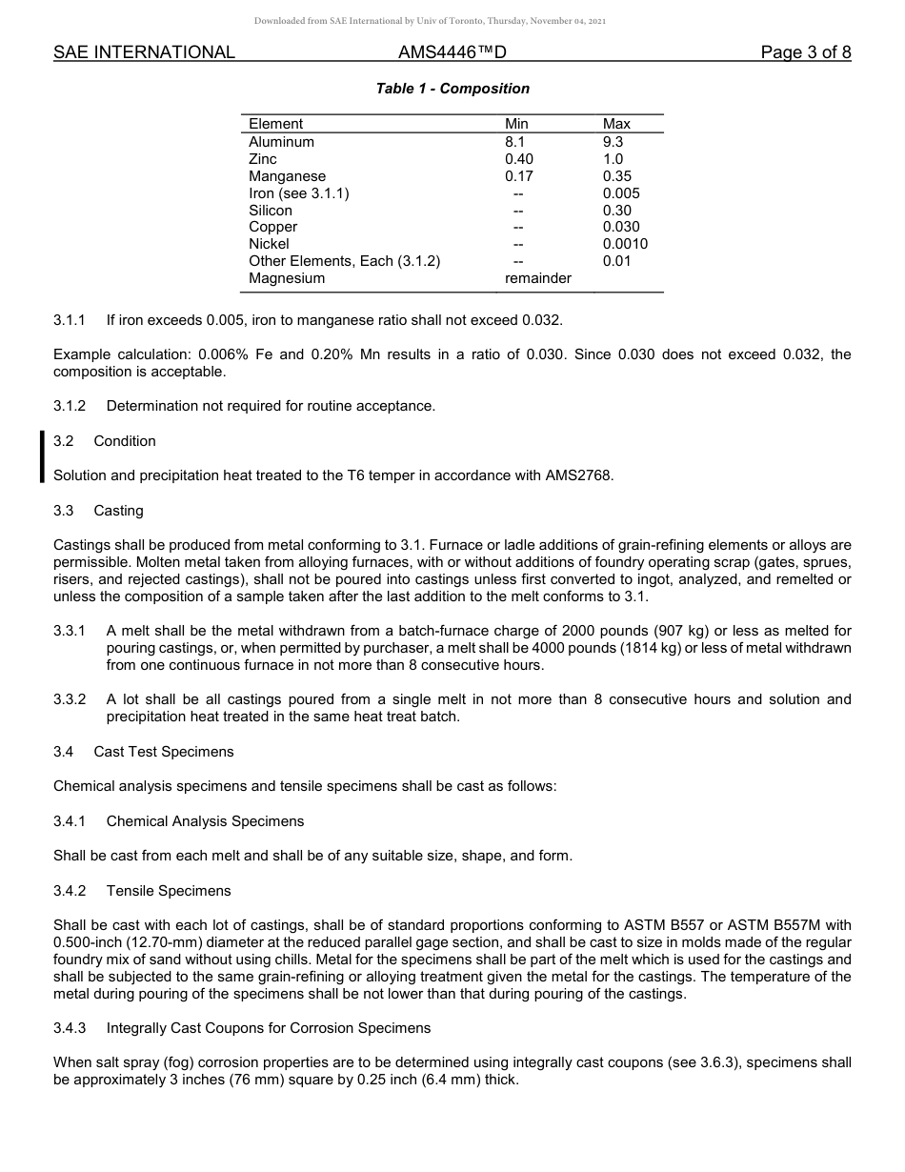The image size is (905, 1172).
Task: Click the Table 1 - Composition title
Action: [452, 89]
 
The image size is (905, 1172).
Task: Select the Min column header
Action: [516, 124]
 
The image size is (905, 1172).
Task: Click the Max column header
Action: [616, 124]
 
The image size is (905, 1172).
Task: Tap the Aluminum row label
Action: [281, 142]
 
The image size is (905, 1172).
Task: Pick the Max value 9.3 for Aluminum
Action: [613, 142]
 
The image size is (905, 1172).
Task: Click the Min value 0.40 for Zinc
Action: [519, 159]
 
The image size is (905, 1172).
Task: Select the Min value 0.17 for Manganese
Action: [519, 176]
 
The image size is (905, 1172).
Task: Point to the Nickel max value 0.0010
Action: [625, 244]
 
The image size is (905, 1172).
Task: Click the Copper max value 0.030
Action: [621, 227]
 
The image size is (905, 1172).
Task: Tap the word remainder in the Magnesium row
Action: [538, 278]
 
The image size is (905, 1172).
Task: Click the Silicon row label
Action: [271, 211]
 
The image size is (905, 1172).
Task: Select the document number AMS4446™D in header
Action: [452, 52]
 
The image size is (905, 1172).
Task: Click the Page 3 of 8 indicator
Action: [805, 52]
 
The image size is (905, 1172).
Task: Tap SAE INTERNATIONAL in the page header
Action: [144, 52]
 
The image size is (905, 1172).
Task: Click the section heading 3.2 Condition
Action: [105, 441]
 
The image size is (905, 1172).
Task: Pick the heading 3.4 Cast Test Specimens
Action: [144, 752]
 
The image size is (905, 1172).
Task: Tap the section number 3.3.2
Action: [70, 699]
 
